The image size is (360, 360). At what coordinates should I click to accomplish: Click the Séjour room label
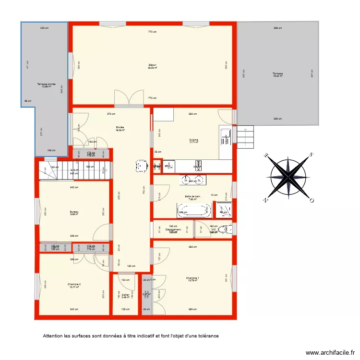click(153, 65)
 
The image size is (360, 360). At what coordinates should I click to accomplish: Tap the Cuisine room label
click(193, 140)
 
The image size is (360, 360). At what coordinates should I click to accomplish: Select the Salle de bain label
click(192, 196)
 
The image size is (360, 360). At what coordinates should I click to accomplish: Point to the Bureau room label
click(73, 212)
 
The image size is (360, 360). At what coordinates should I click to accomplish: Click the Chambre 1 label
click(193, 278)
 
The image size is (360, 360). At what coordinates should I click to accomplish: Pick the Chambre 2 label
click(74, 285)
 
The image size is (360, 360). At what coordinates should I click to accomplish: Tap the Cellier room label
click(125, 295)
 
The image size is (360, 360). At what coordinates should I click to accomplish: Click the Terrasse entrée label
click(46, 84)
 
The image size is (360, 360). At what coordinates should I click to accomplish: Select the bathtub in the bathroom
click(194, 211)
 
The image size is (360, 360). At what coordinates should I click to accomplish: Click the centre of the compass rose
click(288, 176)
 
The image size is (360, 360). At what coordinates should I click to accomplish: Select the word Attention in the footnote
click(53, 336)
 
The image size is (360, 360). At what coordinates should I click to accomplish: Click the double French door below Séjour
click(129, 99)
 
